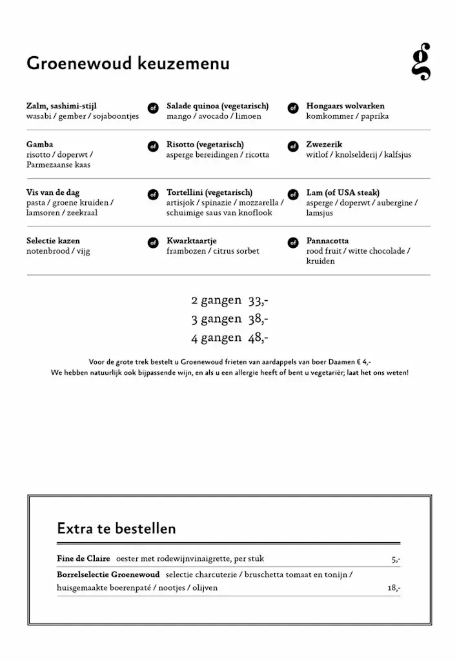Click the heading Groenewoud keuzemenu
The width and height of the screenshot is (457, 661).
click(128, 64)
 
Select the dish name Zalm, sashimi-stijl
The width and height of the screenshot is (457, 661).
click(62, 106)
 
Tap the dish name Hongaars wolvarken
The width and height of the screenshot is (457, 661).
click(345, 106)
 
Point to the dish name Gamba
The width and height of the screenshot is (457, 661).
click(40, 145)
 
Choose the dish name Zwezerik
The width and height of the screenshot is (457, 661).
click(324, 145)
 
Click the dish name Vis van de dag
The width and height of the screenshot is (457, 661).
click(54, 192)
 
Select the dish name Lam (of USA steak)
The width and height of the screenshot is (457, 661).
click(343, 192)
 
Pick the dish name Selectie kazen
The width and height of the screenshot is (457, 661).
click(54, 241)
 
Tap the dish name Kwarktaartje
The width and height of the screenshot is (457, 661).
click(191, 241)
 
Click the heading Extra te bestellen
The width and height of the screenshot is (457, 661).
click(116, 529)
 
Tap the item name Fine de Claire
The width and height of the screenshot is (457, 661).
click(83, 559)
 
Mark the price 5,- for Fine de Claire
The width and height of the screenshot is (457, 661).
click(395, 560)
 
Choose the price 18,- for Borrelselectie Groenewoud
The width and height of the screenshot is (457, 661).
click(394, 588)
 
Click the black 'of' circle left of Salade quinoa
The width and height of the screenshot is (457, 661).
click(153, 108)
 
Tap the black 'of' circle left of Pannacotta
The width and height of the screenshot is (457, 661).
click(293, 243)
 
